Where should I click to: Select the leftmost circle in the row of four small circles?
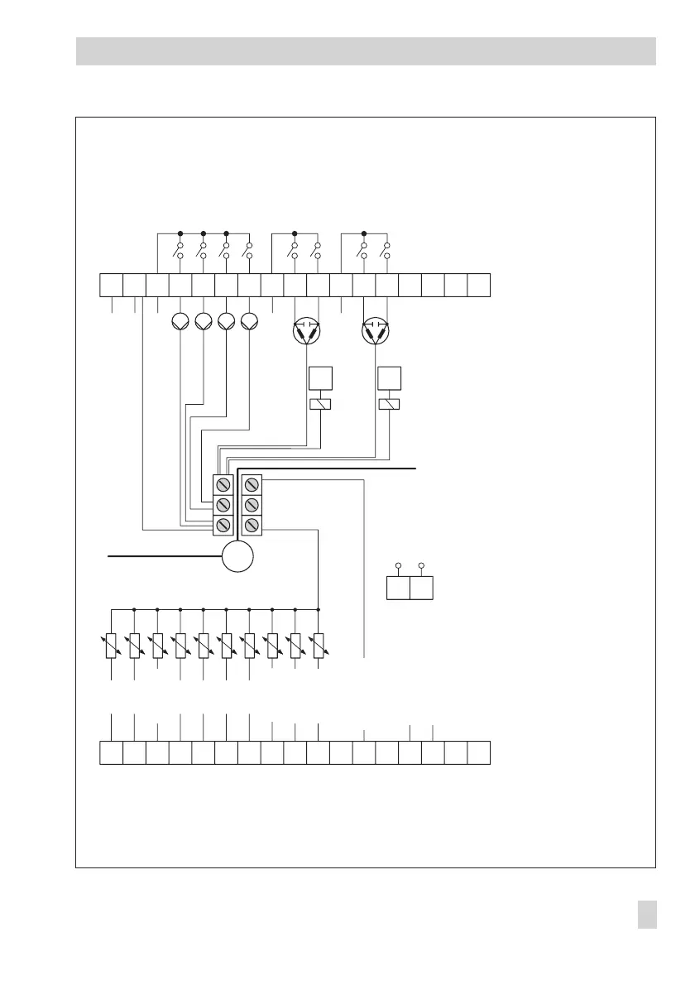pyautogui.click(x=180, y=322)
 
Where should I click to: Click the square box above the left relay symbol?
pyautogui.click(x=319, y=377)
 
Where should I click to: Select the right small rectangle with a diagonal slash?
pyautogui.click(x=389, y=404)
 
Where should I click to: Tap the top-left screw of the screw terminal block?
pyautogui.click(x=222, y=484)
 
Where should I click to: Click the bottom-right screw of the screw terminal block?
pyautogui.click(x=252, y=525)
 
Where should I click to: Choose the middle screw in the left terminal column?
pyautogui.click(x=222, y=505)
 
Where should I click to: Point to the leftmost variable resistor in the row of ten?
pyautogui.click(x=111, y=646)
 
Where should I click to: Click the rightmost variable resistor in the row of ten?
pyautogui.click(x=319, y=646)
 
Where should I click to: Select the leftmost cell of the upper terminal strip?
pyautogui.click(x=111, y=284)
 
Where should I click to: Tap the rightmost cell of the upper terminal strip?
pyautogui.click(x=479, y=284)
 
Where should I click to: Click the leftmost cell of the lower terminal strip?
pyautogui.click(x=111, y=753)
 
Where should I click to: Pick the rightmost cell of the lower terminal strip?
pyautogui.click(x=479, y=753)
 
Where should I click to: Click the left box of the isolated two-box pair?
pyautogui.click(x=399, y=588)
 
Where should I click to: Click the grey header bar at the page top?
pyautogui.click(x=366, y=50)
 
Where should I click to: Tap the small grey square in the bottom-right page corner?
pyautogui.click(x=648, y=915)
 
